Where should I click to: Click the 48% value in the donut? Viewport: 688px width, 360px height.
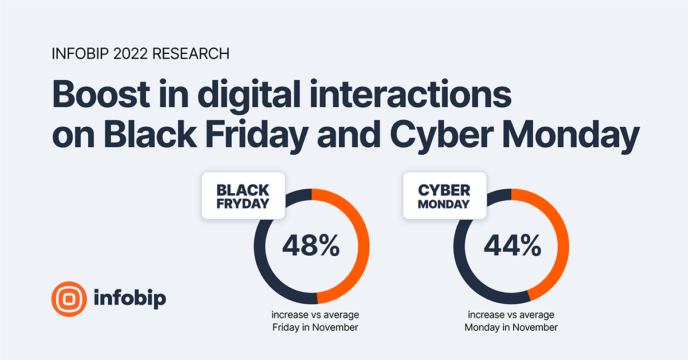pos(311,245)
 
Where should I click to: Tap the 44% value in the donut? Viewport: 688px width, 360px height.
pos(513,245)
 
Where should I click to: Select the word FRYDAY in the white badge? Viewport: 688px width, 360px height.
pos(243,204)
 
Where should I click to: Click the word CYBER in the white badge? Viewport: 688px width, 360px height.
pos(444,190)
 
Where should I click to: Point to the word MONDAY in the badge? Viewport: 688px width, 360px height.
pos(444,204)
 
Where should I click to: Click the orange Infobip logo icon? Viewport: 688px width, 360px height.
pos(69,299)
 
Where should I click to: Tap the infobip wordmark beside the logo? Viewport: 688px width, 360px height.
pos(130,298)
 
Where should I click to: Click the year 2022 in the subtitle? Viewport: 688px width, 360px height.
pos(131,54)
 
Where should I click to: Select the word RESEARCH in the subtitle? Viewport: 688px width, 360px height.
pos(191,54)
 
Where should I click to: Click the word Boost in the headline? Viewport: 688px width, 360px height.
pos(101,93)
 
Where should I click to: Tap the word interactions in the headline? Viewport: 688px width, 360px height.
pos(411,93)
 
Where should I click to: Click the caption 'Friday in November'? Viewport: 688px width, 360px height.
pos(315,327)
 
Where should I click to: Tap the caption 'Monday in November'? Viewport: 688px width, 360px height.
pos(511,327)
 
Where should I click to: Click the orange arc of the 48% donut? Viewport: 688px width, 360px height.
pos(363,246)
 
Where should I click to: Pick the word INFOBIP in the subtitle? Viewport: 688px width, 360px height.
pos(80,54)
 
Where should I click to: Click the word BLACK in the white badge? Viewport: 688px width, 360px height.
pos(243,190)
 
